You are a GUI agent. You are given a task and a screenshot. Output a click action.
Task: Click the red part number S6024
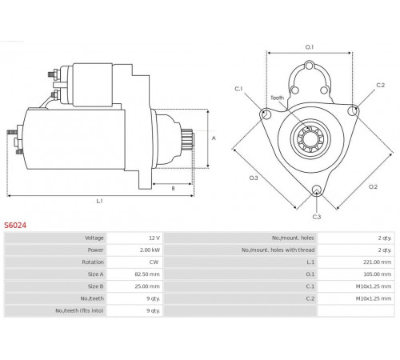[15, 226]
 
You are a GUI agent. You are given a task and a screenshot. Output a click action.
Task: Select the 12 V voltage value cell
[154, 238]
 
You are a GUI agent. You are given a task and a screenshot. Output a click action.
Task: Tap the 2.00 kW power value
[150, 250]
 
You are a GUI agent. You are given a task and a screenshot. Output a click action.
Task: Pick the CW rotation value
[154, 262]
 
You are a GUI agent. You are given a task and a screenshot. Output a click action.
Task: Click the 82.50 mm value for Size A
[147, 274]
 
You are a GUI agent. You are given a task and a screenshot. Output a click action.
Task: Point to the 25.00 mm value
[147, 286]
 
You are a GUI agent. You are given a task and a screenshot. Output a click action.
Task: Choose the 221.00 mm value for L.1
[378, 262]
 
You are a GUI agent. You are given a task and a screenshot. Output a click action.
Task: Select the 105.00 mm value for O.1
[378, 274]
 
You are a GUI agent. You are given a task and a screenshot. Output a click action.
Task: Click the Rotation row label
[93, 262]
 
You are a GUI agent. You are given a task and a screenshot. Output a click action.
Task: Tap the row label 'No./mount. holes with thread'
[278, 250]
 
